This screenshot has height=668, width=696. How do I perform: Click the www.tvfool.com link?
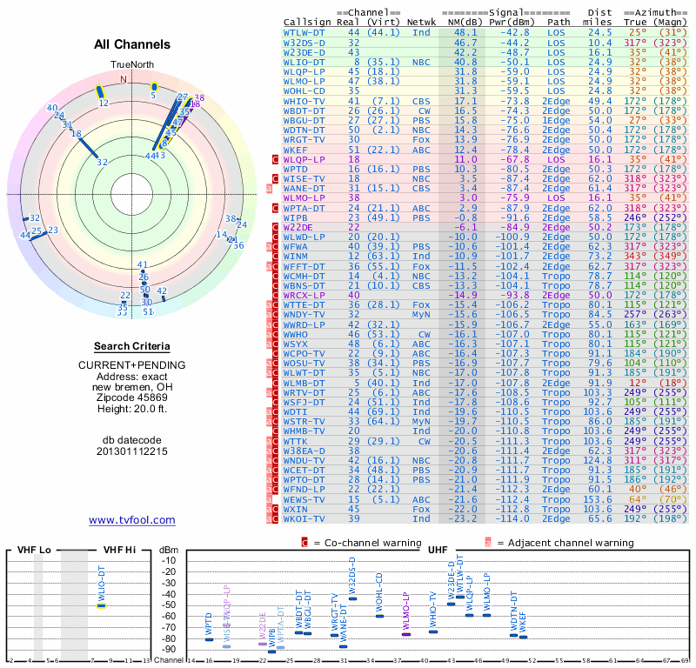[x=132, y=520]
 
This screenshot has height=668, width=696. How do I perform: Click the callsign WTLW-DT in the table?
[x=304, y=32]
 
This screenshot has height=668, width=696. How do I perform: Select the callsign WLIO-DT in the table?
[x=304, y=63]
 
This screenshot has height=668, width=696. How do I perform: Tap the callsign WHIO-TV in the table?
[x=304, y=101]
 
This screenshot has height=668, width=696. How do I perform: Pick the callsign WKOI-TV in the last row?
[x=304, y=519]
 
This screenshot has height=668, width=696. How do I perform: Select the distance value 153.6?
[x=598, y=500]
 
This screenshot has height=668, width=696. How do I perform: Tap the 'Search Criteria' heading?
[x=132, y=346]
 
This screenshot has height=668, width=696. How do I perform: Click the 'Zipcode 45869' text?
[x=132, y=397]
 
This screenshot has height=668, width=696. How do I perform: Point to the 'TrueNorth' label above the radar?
[x=131, y=65]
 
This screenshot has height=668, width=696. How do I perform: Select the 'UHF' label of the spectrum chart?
[x=438, y=551]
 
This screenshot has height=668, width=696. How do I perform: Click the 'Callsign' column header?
[x=308, y=21]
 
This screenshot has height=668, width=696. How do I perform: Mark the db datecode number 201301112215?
[x=132, y=452]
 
